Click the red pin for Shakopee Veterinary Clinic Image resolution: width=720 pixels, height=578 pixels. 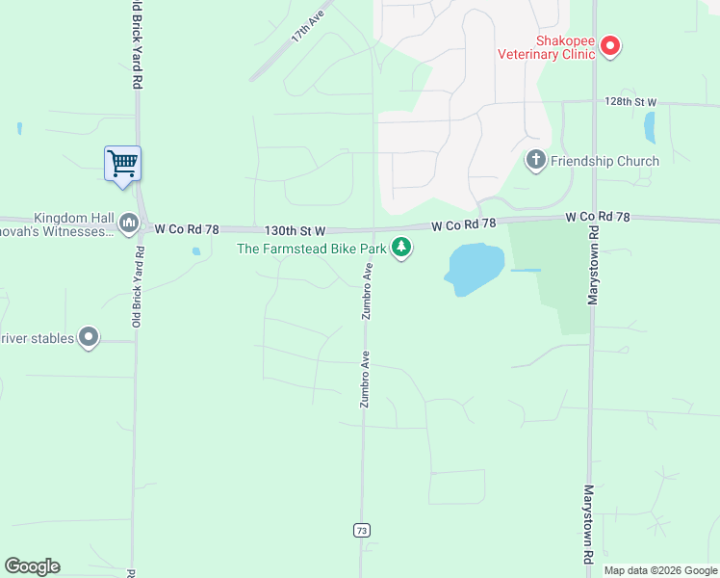pos(609,45)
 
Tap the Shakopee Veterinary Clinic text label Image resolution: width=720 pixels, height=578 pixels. pos(547,47)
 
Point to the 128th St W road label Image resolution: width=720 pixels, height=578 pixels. pos(630,101)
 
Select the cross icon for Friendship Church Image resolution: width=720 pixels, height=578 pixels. pos(536,161)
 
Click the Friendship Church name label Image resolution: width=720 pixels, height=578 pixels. pos(604,161)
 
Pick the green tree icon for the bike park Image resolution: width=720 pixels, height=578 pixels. pos(401,249)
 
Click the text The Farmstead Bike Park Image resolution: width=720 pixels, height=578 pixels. pos(312,250)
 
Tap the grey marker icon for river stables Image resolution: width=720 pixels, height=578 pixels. pos(89,337)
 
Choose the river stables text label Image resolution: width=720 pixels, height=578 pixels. pos(36,338)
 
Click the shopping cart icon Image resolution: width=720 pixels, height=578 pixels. pos(123,163)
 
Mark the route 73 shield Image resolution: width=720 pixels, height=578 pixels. pos(362,531)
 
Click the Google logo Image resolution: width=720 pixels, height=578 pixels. pos(32,566)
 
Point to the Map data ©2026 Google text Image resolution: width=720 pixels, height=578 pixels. pos(659,570)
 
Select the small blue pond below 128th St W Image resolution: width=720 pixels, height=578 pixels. pos(649,127)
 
